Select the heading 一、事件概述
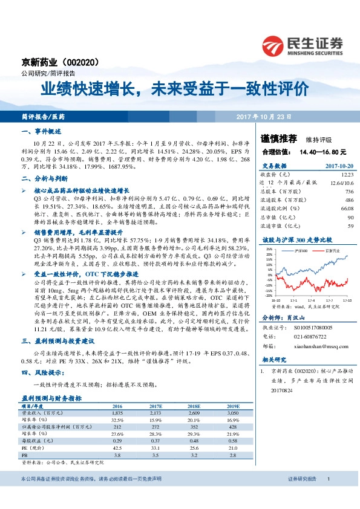click(42, 131)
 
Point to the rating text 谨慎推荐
click(274, 138)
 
